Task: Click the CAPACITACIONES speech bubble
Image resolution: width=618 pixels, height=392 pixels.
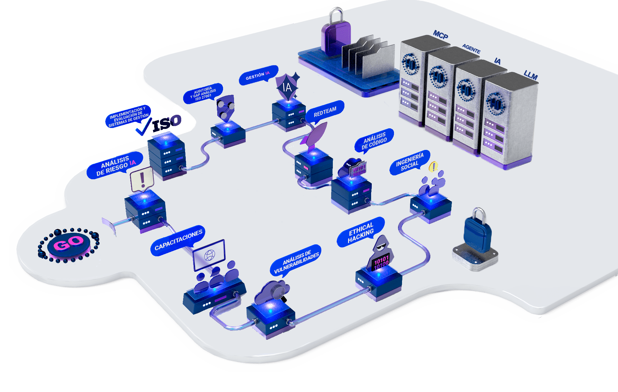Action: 178,240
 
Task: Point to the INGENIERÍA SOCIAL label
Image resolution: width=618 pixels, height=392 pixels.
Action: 410,162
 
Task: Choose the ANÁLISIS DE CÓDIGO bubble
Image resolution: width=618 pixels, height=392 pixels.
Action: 374,141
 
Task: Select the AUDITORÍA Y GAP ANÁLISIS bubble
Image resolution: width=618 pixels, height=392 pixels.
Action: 203,93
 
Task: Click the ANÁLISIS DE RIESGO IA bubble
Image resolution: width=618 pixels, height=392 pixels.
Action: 115,165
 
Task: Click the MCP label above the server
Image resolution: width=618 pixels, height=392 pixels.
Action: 440,34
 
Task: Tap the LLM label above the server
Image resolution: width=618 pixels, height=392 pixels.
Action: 530,75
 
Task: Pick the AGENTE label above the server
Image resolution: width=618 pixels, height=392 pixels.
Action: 471,49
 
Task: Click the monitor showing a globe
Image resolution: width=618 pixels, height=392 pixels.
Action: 209,255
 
